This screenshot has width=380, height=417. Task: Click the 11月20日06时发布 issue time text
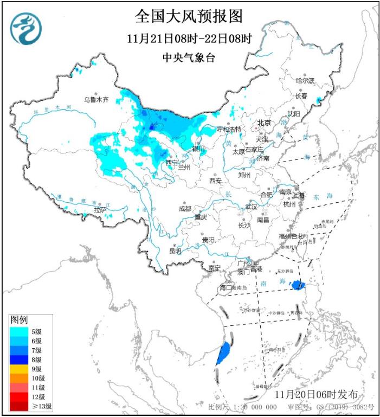pyautogui.click(x=316, y=394)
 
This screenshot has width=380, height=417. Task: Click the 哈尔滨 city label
pyautogui.click(x=305, y=80)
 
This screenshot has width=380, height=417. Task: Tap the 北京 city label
pyautogui.click(x=263, y=123)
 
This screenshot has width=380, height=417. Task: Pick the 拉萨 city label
pyautogui.click(x=100, y=209)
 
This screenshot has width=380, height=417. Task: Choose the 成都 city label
pyautogui.click(x=184, y=208)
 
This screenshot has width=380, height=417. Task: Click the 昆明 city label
pyautogui.click(x=175, y=251)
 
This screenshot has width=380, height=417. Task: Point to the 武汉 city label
pyautogui.click(x=250, y=207)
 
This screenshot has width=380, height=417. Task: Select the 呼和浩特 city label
pyautogui.click(x=228, y=129)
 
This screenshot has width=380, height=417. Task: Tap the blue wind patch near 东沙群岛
pyautogui.click(x=297, y=284)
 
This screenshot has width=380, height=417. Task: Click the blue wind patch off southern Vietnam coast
pyautogui.click(x=222, y=354)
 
